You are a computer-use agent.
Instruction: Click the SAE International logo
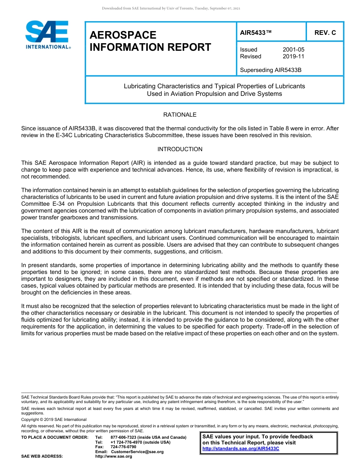pyautogui.click(x=47, y=35)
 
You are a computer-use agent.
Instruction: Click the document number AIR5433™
pyautogui.click(x=256, y=33)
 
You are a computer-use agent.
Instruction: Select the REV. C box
pyautogui.click(x=325, y=33)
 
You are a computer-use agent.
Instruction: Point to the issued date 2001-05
pyautogui.click(x=293, y=50)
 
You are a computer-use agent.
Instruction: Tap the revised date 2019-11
pyautogui.click(x=293, y=56)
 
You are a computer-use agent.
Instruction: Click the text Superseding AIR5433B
pyautogui.click(x=271, y=70)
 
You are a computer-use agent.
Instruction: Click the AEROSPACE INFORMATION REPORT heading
pyautogui.click(x=150, y=41)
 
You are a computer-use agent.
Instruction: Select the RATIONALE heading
pyautogui.click(x=180, y=115)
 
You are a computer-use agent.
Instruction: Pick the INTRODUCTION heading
pyautogui.click(x=180, y=149)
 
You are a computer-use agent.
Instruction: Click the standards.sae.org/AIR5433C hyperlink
pyautogui.click(x=241, y=448)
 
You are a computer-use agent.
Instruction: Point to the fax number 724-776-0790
pyautogui.click(x=123, y=447)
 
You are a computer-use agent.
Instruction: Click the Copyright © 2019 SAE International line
pyautogui.click(x=54, y=419)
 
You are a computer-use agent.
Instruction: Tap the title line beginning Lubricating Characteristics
pyautogui.click(x=214, y=86)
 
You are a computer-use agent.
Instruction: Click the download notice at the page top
pyautogui.click(x=171, y=8)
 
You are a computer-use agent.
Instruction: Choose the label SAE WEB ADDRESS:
pyautogui.click(x=42, y=457)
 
